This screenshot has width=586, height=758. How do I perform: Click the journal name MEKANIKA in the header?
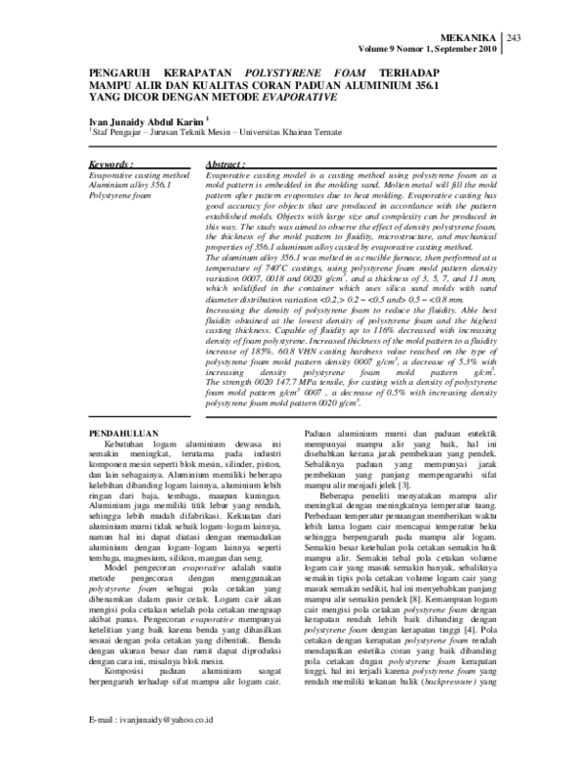470,36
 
